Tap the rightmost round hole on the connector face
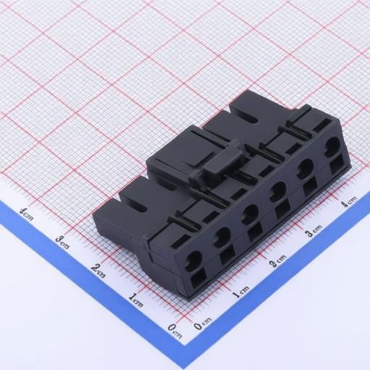point(332,145)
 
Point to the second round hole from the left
point(222,237)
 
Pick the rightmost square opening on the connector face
point(337,164)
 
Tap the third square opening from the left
point(255,232)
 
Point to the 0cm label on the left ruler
point(175,331)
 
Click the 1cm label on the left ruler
point(136,300)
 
